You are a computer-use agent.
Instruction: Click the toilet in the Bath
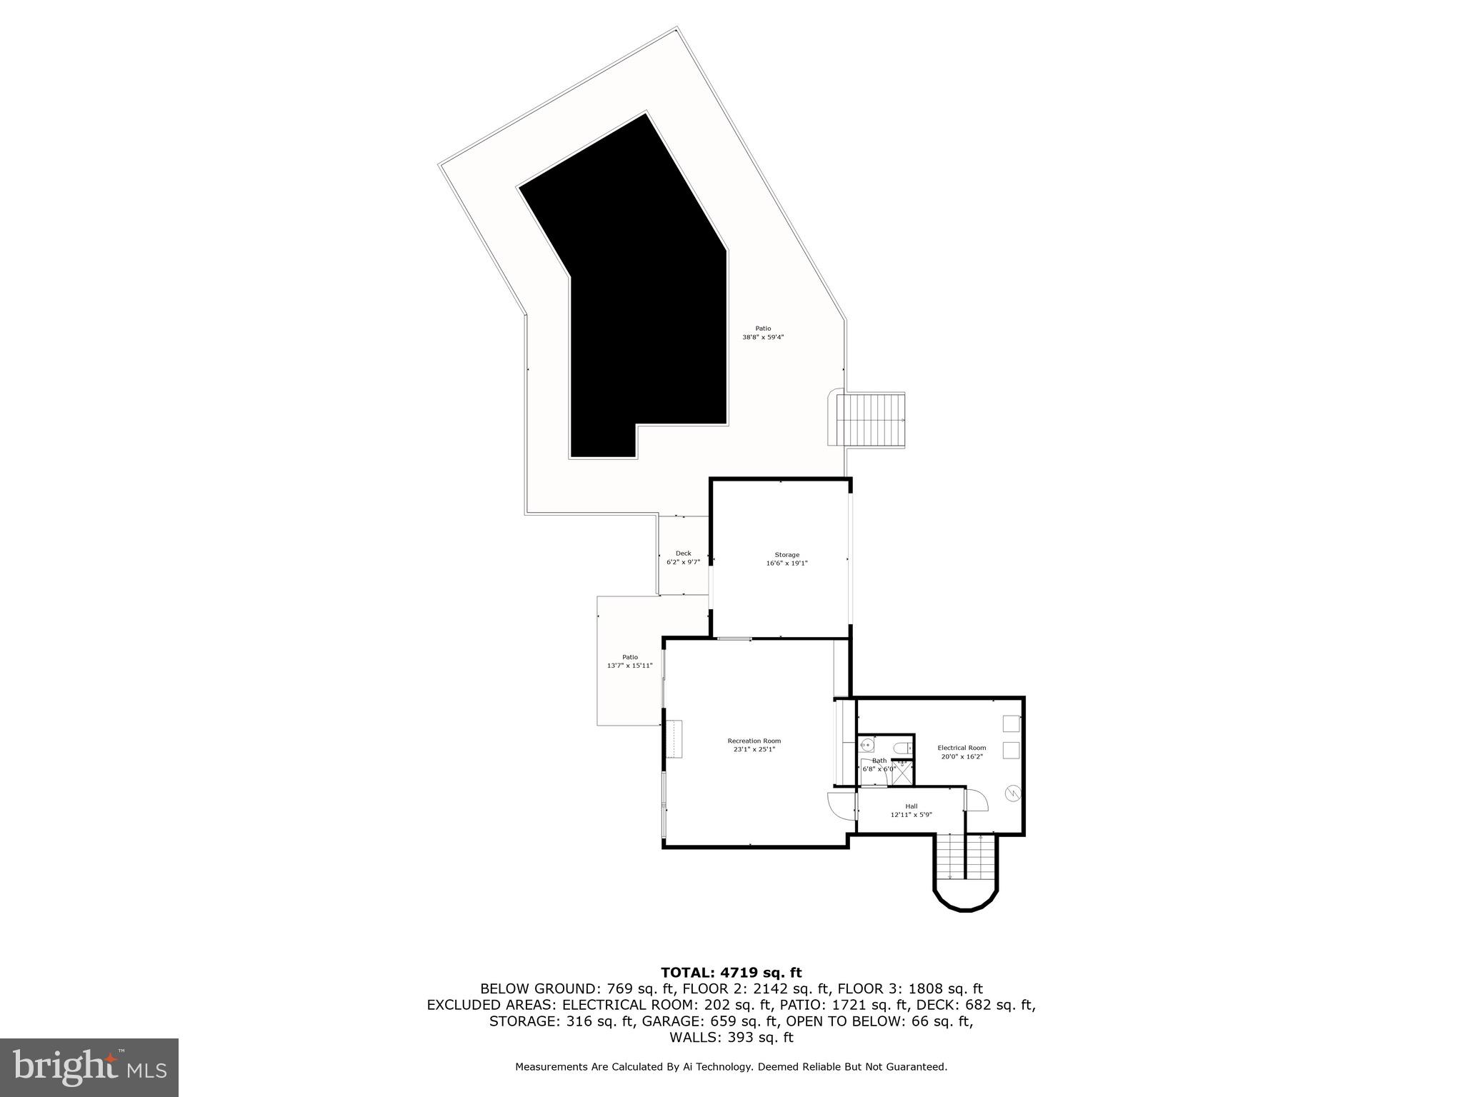point(904,748)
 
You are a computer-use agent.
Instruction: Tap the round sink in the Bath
point(867,746)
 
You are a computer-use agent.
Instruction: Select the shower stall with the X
point(902,773)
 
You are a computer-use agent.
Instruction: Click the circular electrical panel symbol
point(1012,793)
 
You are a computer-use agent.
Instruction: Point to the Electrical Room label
point(962,748)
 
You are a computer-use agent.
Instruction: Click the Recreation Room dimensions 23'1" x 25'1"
point(754,749)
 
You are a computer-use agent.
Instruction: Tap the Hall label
point(911,806)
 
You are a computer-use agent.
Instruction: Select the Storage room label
point(787,555)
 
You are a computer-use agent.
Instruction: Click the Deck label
point(683,553)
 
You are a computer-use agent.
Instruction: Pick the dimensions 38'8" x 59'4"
point(763,337)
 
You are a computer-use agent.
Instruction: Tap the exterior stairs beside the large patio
point(872,420)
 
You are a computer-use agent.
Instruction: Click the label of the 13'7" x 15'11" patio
point(629,657)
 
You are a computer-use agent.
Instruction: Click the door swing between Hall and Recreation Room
point(841,806)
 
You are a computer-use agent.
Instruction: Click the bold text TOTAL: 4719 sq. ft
point(731,973)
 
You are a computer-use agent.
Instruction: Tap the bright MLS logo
point(89,1067)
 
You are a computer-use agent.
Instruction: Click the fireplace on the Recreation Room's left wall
point(673,739)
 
